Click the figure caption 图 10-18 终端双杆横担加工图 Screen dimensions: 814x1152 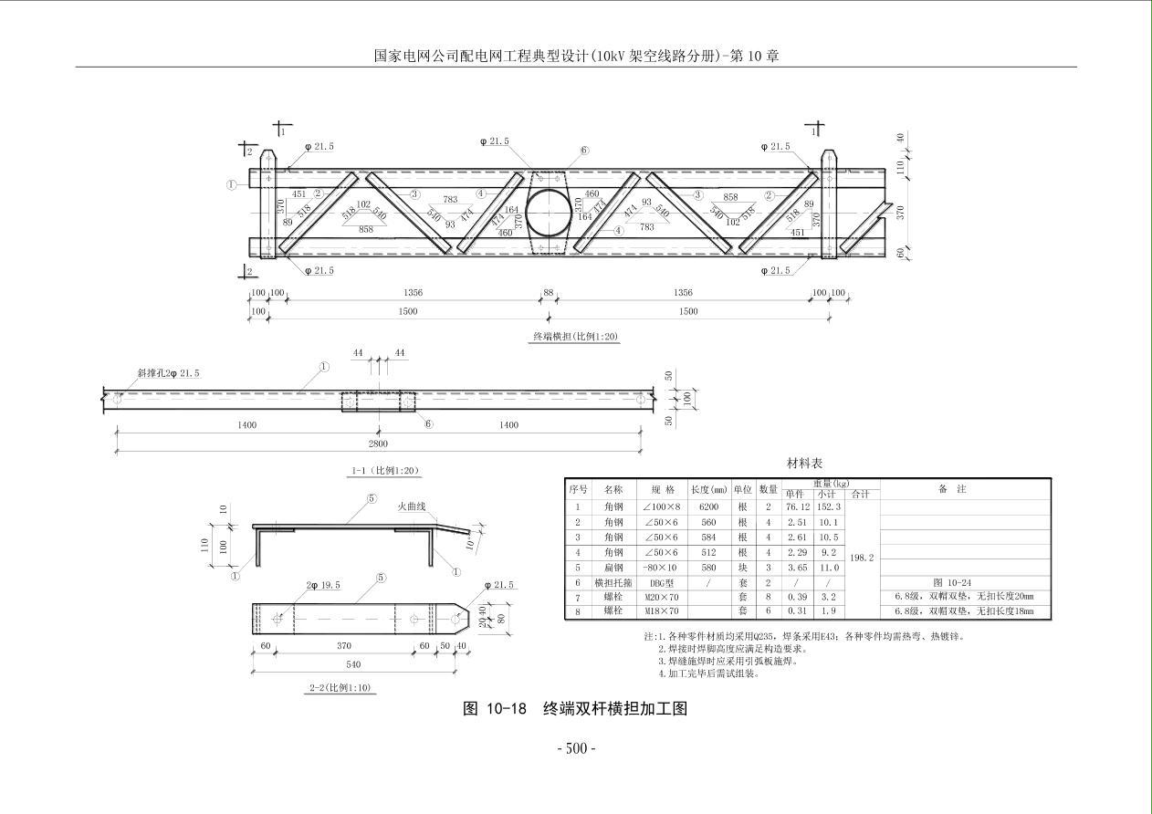click(x=575, y=709)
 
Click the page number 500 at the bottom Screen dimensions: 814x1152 click(x=576, y=749)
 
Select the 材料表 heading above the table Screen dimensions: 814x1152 click(x=804, y=463)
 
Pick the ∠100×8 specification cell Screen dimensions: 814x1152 click(x=661, y=506)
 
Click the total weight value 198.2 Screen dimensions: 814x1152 click(x=863, y=557)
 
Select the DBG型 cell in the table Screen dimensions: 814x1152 click(x=661, y=582)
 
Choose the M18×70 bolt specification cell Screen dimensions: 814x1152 click(x=661, y=611)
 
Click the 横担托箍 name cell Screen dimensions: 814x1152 click(x=613, y=582)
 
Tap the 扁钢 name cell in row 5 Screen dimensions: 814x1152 click(x=613, y=568)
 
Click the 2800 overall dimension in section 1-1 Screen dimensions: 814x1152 click(x=378, y=444)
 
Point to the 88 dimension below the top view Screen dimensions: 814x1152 click(x=548, y=293)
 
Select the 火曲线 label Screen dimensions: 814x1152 click(x=412, y=506)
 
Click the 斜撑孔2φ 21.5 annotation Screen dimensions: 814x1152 click(x=168, y=372)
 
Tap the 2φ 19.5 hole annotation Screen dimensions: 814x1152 click(x=323, y=585)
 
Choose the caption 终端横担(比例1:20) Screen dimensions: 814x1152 click(x=575, y=337)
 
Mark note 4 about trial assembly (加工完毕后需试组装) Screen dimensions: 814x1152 click(x=708, y=674)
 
